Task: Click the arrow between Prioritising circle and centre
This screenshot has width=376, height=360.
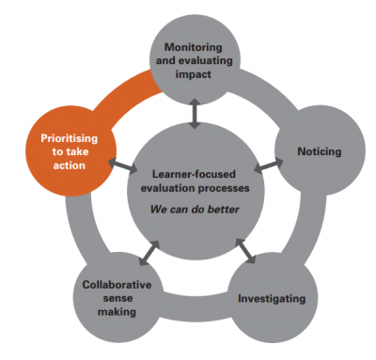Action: click(x=119, y=164)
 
